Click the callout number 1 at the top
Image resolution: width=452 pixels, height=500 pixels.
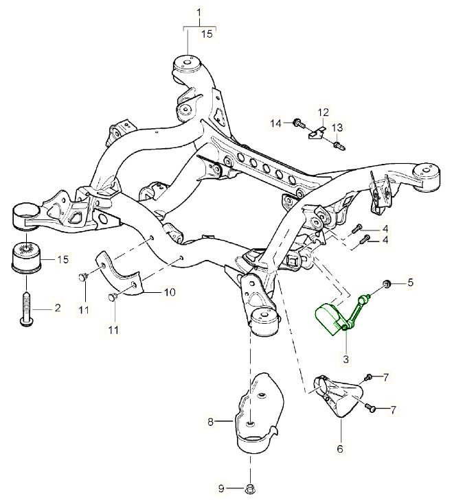[199, 12]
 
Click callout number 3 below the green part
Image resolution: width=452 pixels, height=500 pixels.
[346, 358]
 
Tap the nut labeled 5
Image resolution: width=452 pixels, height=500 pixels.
[387, 283]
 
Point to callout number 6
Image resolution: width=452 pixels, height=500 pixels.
[341, 449]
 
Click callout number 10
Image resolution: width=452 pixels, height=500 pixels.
[169, 292]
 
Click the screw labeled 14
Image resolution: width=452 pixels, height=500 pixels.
[298, 123]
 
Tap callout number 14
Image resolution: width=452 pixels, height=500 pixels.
[275, 123]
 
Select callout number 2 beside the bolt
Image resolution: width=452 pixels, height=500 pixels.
[58, 308]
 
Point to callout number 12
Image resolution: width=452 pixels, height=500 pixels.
[323, 111]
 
